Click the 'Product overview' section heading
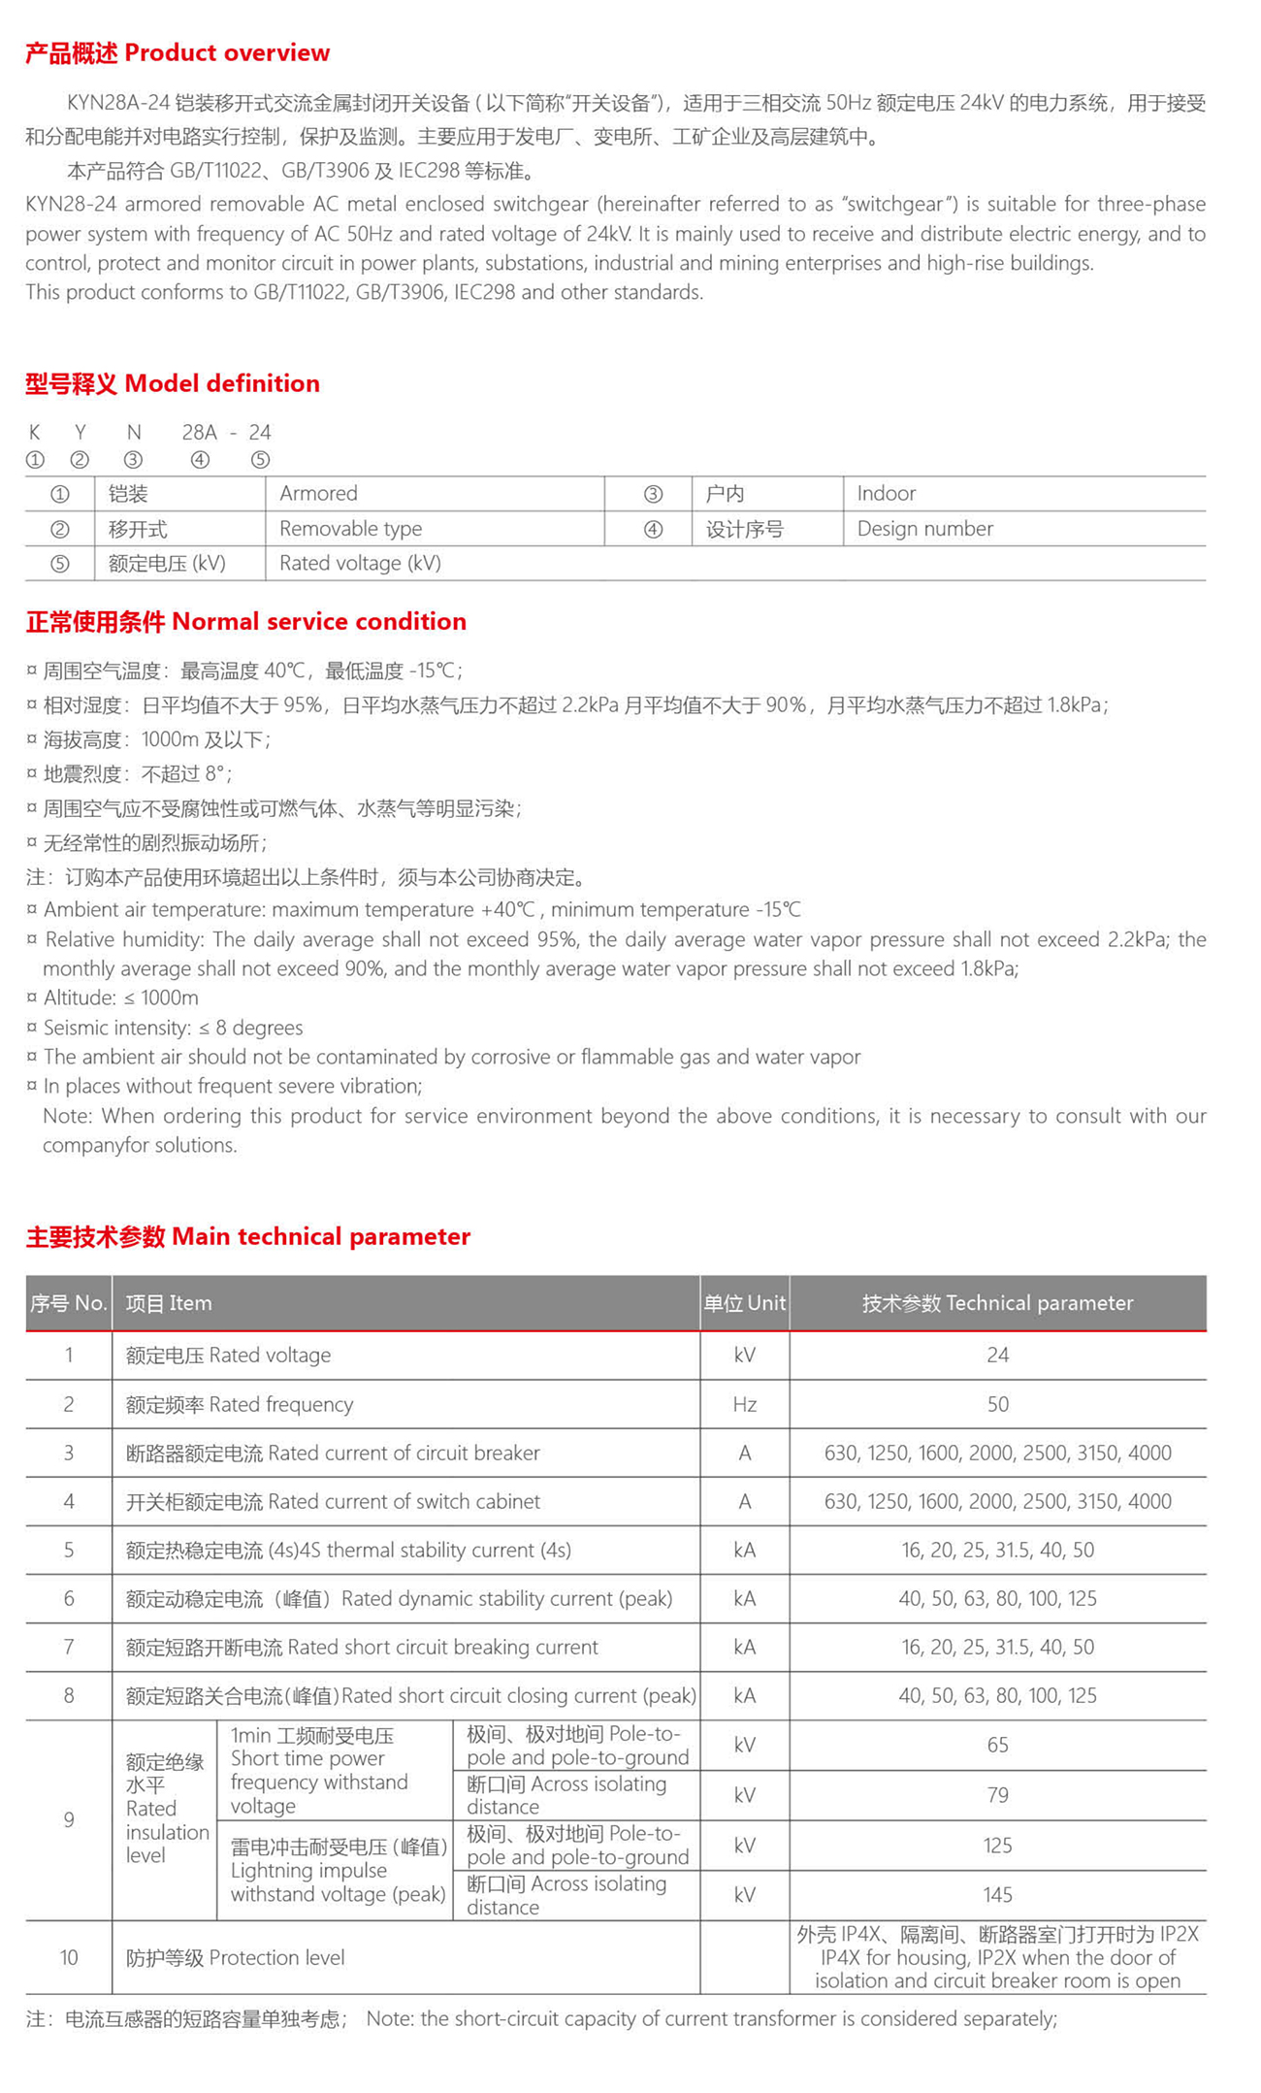178,53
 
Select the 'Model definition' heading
173,383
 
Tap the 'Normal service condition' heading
245,622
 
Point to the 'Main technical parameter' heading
247,1236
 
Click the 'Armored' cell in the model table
318,494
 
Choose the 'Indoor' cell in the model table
886,494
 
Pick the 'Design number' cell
924,529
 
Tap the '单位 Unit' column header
744,1303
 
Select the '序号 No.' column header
68,1303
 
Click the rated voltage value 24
997,1356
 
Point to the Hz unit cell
744,1404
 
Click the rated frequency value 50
997,1404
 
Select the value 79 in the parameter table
997,1795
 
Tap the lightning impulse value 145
997,1895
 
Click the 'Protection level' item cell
235,1958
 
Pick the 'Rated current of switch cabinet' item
333,1502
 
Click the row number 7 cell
68,1647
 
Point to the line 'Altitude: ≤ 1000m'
120,998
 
